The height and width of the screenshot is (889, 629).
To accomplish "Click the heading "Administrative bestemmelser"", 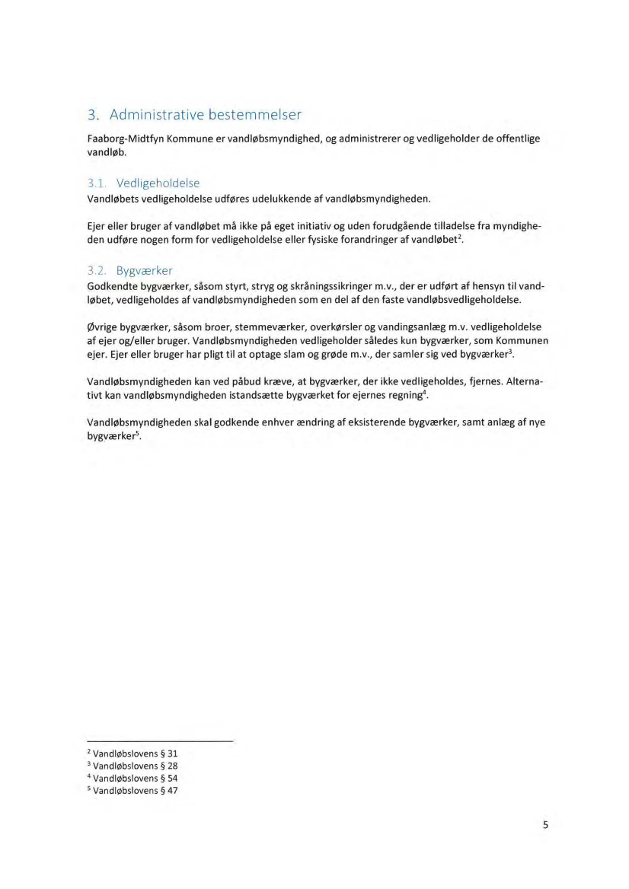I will pyautogui.click(x=206, y=116).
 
